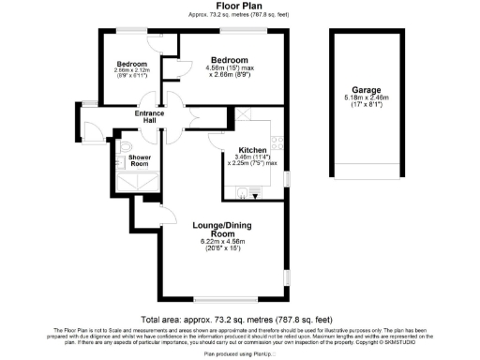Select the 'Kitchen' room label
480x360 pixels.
click(x=254, y=150)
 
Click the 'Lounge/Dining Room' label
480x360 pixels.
click(x=221, y=229)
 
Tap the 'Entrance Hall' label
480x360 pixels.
click(x=149, y=116)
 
